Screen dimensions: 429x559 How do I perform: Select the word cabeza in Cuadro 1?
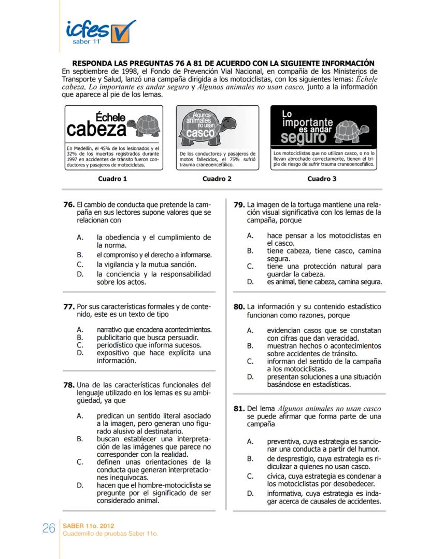pyautogui.click(x=97, y=129)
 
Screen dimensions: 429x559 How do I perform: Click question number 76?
pyautogui.click(x=69, y=205)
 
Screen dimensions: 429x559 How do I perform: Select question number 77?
pyautogui.click(x=69, y=306)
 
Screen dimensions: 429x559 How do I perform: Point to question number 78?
pyautogui.click(x=69, y=385)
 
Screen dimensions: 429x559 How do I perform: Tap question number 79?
pyautogui.click(x=239, y=205)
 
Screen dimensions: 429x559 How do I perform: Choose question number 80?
pyautogui.click(x=239, y=306)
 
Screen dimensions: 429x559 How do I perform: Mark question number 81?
pyautogui.click(x=239, y=409)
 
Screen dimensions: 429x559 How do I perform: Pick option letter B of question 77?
pyautogui.click(x=80, y=337)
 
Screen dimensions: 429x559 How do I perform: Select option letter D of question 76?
pyautogui.click(x=80, y=274)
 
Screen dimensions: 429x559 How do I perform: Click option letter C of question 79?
pyautogui.click(x=250, y=267)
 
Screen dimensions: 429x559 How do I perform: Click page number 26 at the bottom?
pyautogui.click(x=49, y=528)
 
